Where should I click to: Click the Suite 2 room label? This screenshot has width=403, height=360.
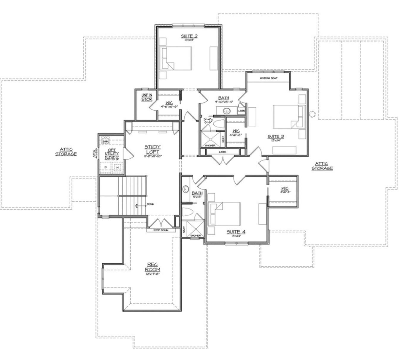click(x=189, y=36)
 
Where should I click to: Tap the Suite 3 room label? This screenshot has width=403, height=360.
click(x=276, y=137)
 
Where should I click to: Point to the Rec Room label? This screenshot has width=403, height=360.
click(x=153, y=267)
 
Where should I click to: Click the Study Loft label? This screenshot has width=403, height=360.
click(x=153, y=149)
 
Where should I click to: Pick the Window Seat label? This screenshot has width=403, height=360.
click(x=268, y=78)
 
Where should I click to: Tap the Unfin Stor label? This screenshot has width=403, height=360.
click(x=147, y=97)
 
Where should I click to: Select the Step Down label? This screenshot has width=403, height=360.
click(x=161, y=230)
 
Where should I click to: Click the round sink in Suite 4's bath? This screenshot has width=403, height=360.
click(x=186, y=189)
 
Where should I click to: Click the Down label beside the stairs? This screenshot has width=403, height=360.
click(x=150, y=204)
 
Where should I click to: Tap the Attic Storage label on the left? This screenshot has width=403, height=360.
click(x=66, y=152)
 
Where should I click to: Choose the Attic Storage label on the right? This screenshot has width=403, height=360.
click(x=322, y=166)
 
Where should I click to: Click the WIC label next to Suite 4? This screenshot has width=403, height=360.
click(x=285, y=189)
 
